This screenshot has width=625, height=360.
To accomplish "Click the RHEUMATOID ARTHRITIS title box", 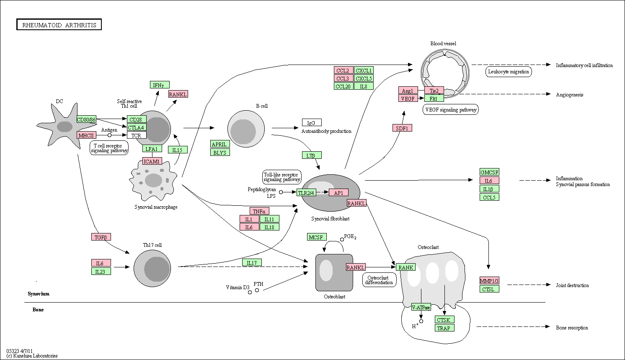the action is pyautogui.click(x=59, y=25).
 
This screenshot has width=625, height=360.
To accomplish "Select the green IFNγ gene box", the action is pyautogui.click(x=160, y=85).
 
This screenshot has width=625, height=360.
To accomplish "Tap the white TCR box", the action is pyautogui.click(x=137, y=135).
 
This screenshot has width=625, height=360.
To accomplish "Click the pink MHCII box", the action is pyautogui.click(x=86, y=135).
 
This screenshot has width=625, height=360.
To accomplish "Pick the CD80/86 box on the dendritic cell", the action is pyautogui.click(x=86, y=119).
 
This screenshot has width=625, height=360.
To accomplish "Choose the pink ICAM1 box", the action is pyautogui.click(x=152, y=161).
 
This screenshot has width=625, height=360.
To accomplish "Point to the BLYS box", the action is pyautogui.click(x=220, y=153).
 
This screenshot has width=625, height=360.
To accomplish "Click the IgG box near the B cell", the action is pyautogui.click(x=312, y=122).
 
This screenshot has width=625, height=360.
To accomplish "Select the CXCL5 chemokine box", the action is pyautogui.click(x=364, y=78).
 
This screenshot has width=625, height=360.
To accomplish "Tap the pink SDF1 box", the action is pyautogui.click(x=402, y=128).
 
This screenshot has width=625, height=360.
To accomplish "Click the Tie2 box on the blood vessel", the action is pyautogui.click(x=434, y=91).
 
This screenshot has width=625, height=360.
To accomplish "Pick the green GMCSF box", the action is pyautogui.click(x=489, y=172).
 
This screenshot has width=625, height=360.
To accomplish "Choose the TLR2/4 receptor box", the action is pyautogui.click(x=306, y=192).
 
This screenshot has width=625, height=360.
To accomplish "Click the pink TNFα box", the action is pyautogui.click(x=259, y=211).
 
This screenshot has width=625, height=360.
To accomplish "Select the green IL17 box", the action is pyautogui.click(x=252, y=263).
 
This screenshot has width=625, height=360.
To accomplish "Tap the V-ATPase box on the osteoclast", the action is pyautogui.click(x=421, y=307).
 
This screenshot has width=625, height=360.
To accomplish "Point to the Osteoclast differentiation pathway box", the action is pyautogui.click(x=379, y=280).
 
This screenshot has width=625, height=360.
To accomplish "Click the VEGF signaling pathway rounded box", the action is pyautogui.click(x=451, y=110).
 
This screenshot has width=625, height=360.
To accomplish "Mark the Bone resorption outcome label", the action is pyautogui.click(x=572, y=328).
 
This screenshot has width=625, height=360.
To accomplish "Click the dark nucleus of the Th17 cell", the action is pyautogui.click(x=157, y=269).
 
